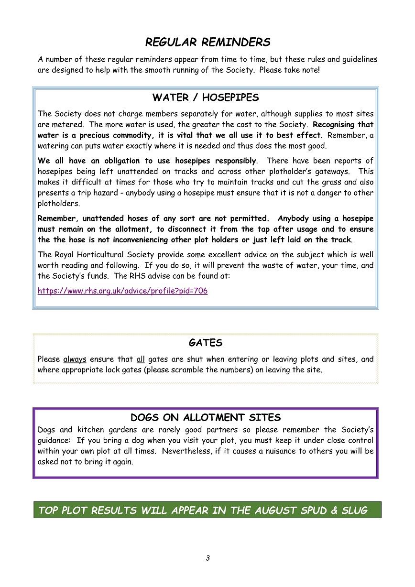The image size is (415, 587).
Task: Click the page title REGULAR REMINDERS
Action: click(x=207, y=42)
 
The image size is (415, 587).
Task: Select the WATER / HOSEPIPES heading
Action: click(x=206, y=98)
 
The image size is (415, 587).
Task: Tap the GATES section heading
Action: click(x=206, y=343)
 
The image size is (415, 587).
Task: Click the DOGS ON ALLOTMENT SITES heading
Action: click(x=206, y=417)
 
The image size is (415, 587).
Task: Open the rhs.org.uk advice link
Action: click(x=122, y=291)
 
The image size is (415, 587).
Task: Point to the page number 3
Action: click(x=207, y=558)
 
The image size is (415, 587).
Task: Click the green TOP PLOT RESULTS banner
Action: click(x=207, y=510)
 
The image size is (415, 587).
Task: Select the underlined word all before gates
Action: click(x=140, y=359)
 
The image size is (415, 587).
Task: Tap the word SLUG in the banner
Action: click(x=354, y=510)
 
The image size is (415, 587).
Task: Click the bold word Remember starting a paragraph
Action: click(x=56, y=218)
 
